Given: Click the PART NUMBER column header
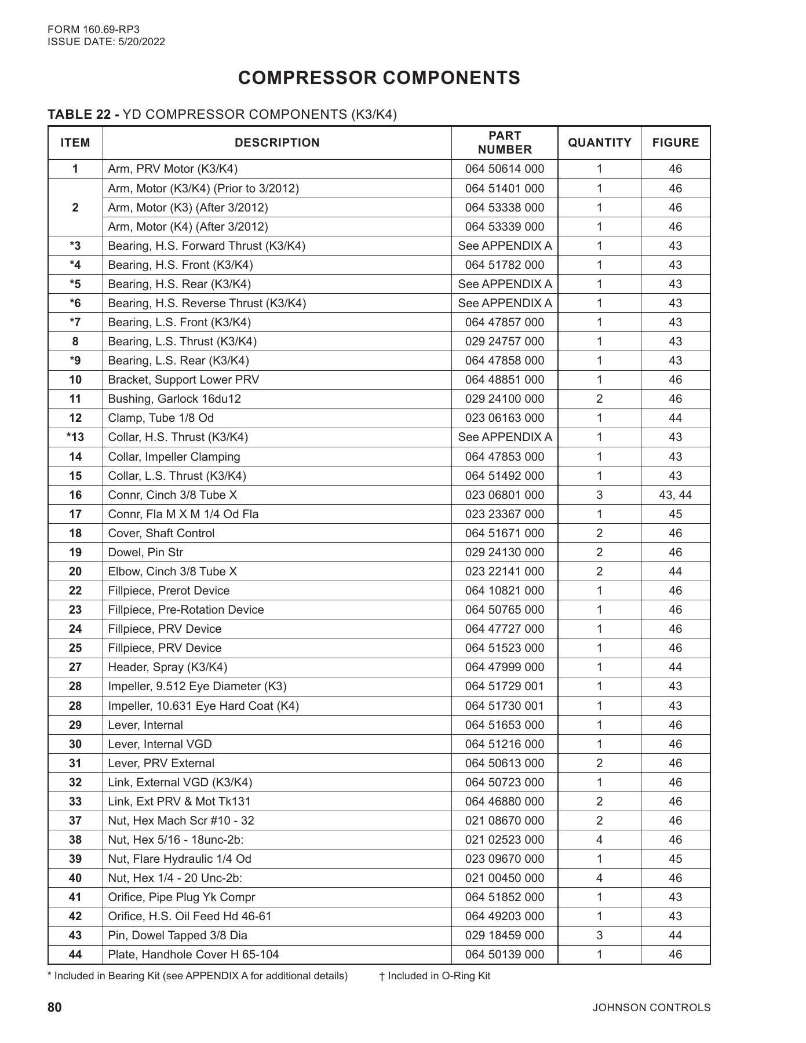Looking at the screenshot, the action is click(x=504, y=143).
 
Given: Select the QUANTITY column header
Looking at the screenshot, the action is click(x=599, y=143).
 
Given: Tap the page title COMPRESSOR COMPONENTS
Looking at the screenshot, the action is click(x=379, y=78).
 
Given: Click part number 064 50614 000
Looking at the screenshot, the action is click(x=504, y=169).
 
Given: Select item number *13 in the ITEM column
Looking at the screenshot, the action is click(x=75, y=437).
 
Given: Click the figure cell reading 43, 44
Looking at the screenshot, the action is click(x=675, y=495).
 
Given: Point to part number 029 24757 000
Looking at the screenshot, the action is click(x=504, y=342).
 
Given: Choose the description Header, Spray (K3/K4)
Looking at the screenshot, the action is click(x=167, y=668).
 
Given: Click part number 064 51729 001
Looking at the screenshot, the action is click(x=504, y=687).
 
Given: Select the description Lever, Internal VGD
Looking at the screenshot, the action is click(x=160, y=745).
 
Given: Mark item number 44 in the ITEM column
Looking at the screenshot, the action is click(x=75, y=955).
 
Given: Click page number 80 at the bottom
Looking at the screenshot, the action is click(x=54, y=1008).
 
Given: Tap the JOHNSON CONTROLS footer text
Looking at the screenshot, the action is click(x=651, y=1008).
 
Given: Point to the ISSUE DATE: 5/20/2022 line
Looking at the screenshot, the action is click(x=106, y=42).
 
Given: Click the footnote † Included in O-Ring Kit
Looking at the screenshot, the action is click(x=435, y=976).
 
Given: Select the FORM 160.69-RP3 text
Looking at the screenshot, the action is click(x=93, y=30).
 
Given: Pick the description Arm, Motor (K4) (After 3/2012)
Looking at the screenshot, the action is click(x=188, y=227).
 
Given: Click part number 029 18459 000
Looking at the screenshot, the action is click(x=504, y=936).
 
